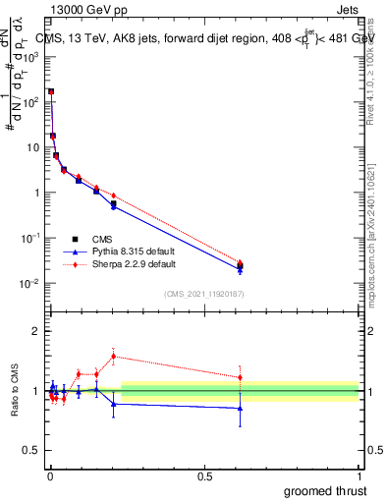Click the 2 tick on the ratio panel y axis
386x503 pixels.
tap(37, 331)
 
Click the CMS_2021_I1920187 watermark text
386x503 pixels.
tap(205, 292)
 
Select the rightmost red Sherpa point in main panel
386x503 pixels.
tap(241, 262)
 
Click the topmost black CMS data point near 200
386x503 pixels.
tap(51, 91)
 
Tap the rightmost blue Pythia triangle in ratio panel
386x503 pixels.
tap(241, 408)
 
